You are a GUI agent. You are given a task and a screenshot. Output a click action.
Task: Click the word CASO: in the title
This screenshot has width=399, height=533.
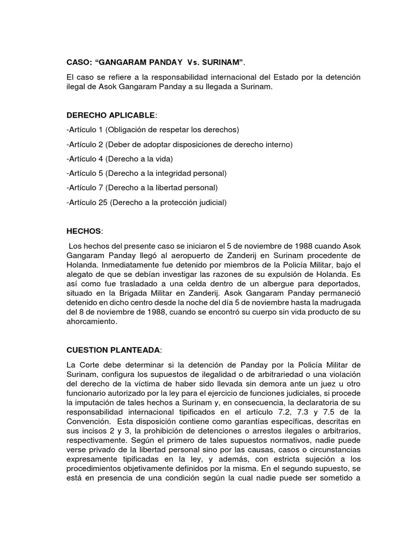79,62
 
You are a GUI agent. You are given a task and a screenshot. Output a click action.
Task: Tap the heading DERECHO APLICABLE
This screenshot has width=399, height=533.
110,114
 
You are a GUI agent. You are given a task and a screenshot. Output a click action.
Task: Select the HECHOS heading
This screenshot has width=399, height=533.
84,230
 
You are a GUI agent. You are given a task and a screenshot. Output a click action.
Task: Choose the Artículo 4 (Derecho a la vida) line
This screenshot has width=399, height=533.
119,158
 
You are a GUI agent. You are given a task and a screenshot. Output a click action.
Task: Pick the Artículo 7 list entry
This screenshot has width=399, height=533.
142,187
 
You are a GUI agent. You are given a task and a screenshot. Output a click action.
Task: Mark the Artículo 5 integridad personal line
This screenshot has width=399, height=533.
147,173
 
